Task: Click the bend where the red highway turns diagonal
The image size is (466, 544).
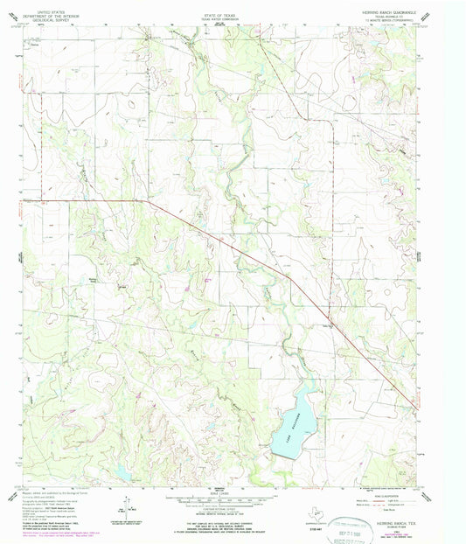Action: tap(147, 201)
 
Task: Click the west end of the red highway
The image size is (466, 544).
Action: tap(21, 201)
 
